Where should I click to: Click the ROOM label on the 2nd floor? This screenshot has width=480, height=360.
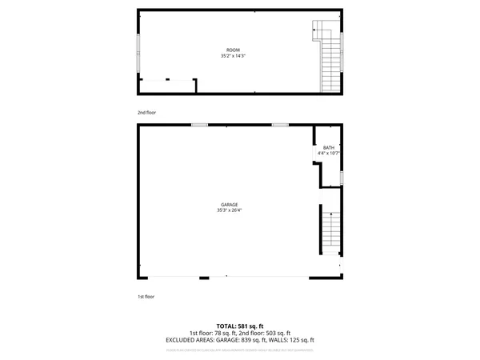coord(233,50)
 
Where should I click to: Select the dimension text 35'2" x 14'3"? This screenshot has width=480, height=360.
coord(233,56)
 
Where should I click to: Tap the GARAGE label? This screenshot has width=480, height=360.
coord(230,205)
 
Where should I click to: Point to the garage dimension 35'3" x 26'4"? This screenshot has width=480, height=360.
coord(230,210)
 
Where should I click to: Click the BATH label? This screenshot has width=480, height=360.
coord(328,147)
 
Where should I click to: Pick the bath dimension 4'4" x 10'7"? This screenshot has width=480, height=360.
coord(328,153)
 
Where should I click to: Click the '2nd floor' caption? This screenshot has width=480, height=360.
coord(146,113)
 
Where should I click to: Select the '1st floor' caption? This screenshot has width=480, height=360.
coord(146,296)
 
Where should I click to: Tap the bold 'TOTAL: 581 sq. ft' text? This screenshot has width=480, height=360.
coord(240,326)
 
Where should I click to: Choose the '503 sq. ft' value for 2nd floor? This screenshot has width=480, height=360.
coord(277,333)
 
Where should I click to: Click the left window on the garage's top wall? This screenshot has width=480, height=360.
coord(199,125)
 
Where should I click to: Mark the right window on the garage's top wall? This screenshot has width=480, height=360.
coord(280,125)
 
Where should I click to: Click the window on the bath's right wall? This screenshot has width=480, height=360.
coord(342,177)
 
